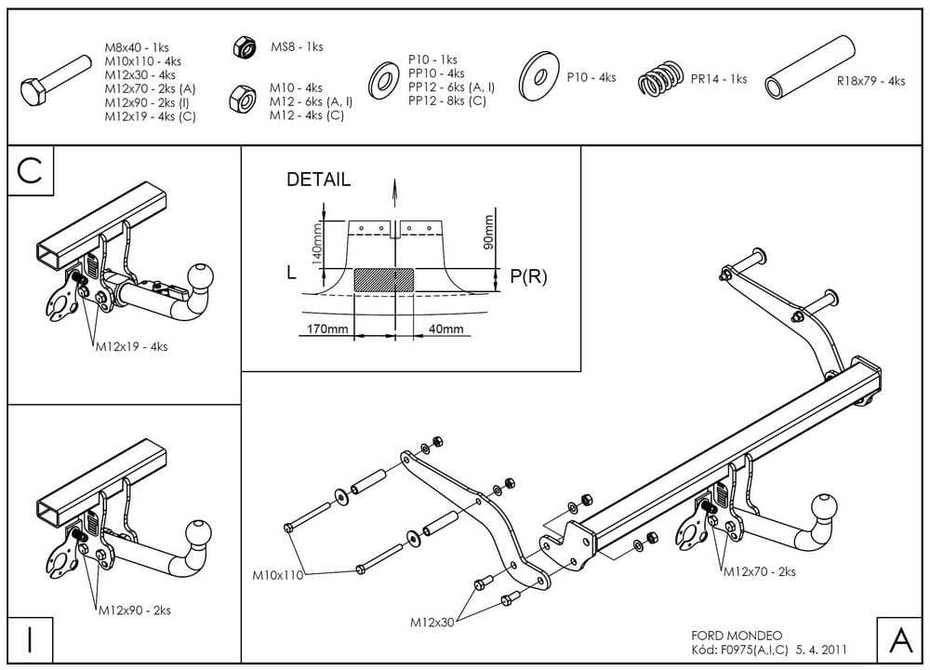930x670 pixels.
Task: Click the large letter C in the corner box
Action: click(31, 172)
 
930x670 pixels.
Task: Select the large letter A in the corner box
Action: click(900, 640)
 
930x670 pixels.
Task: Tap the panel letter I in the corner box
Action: click(31, 640)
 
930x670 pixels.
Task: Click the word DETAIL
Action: click(318, 181)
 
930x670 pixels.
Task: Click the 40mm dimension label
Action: click(445, 329)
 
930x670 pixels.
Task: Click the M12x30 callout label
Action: click(432, 623)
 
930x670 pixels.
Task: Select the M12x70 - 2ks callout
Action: click(760, 572)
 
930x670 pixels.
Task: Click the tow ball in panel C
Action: click(201, 275)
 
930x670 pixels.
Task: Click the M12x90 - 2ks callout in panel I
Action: click(135, 610)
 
